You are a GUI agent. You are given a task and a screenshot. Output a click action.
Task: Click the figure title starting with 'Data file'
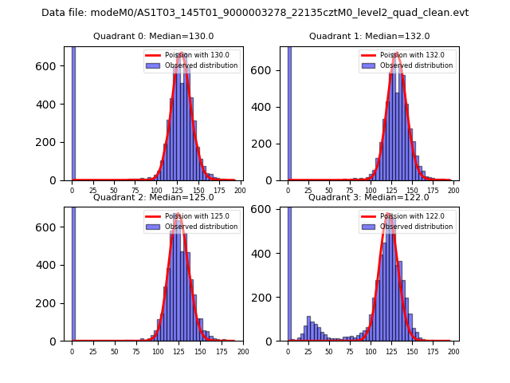[x=255, y=13]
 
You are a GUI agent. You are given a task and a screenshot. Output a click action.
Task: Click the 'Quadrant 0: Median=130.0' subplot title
[x=153, y=36]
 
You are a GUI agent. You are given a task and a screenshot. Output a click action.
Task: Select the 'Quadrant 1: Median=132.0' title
[x=369, y=36]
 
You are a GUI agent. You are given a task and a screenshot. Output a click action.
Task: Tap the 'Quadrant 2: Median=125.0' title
[x=153, y=197]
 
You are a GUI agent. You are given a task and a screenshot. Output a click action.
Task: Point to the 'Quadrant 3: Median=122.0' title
[x=369, y=197]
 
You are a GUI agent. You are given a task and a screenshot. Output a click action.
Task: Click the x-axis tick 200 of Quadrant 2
[x=243, y=351]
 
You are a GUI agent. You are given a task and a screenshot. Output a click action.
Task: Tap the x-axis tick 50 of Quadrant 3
[x=329, y=351]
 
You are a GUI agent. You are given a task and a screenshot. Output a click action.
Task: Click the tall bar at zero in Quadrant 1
[x=289, y=112]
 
